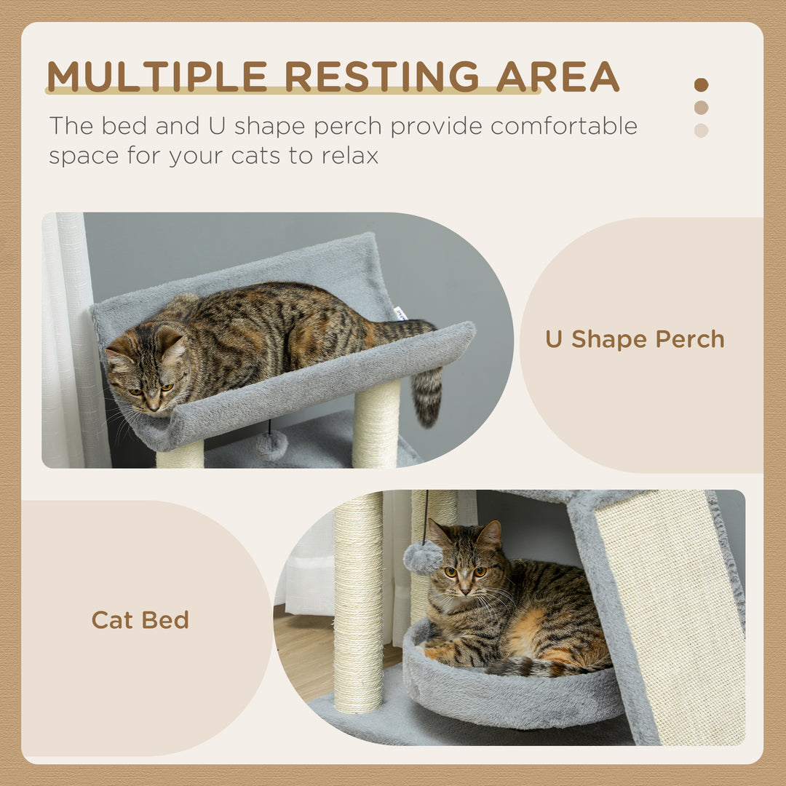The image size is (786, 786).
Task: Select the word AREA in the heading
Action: pyautogui.click(x=558, y=76)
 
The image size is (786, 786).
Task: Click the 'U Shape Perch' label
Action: pyautogui.click(x=635, y=339)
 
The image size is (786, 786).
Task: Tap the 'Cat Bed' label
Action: pyautogui.click(x=140, y=620)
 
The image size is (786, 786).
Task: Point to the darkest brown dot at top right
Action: pyautogui.click(x=701, y=84)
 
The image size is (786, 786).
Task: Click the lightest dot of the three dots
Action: pyautogui.click(x=701, y=131)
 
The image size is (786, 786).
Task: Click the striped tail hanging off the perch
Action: pyautogui.click(x=428, y=397)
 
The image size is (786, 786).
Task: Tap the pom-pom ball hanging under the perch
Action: pyautogui.click(x=271, y=445)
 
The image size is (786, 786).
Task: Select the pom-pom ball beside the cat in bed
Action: pyautogui.click(x=423, y=557)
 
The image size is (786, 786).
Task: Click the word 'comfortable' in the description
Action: pyautogui.click(x=564, y=126)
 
